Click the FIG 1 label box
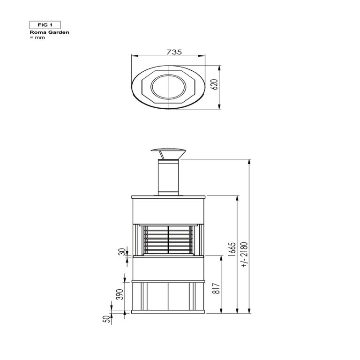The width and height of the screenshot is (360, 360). pyautogui.click(x=45, y=25)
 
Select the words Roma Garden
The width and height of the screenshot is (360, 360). pyautogui.click(x=49, y=32)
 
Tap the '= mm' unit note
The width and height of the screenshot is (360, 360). pyautogui.click(x=37, y=37)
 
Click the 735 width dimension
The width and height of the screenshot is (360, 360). pyautogui.click(x=174, y=52)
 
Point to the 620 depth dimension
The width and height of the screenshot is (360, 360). pyautogui.click(x=214, y=84)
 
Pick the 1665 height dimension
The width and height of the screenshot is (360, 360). pyautogui.click(x=232, y=249)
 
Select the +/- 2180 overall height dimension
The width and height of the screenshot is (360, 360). pyautogui.click(x=245, y=255)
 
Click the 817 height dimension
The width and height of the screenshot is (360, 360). pyautogui.click(x=216, y=288)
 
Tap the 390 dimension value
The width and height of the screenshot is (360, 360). pyautogui.click(x=120, y=294)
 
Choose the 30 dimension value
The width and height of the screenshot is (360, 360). pyautogui.click(x=123, y=252)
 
